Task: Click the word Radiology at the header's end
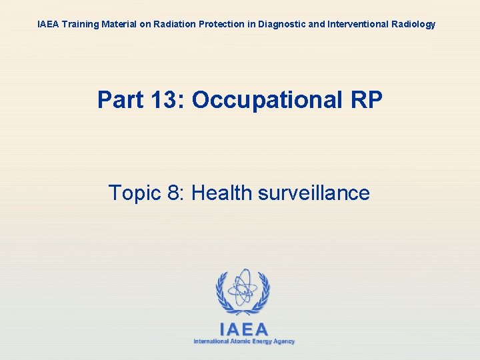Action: pos(411,24)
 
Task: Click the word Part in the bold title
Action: pos(118,100)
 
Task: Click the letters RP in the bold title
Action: pos(366,100)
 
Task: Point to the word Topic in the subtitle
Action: pos(133,193)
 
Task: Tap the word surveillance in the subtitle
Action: pos(313,193)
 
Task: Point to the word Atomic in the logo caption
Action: pos(240,341)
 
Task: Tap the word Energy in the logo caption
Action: pos(263,341)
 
